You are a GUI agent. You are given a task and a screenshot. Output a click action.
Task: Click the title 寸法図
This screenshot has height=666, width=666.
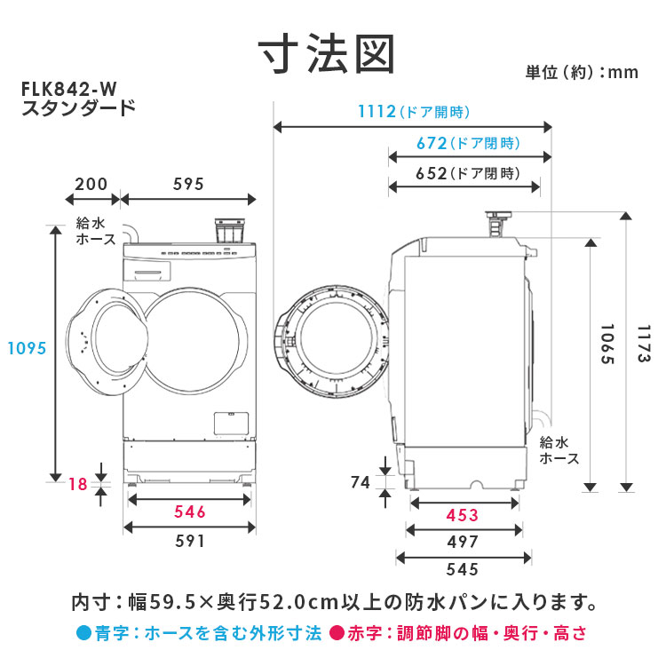tap(327, 54)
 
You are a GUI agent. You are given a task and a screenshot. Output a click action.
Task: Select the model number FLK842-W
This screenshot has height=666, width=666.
tap(68, 89)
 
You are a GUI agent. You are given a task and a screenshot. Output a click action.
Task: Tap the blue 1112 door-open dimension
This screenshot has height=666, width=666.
tap(377, 112)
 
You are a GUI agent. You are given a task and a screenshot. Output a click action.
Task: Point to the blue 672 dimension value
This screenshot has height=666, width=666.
tap(432, 144)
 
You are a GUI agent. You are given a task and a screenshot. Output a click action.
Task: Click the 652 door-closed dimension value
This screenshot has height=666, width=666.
tap(431, 174)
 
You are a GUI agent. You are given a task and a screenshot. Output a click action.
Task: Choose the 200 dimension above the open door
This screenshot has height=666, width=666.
tap(91, 185)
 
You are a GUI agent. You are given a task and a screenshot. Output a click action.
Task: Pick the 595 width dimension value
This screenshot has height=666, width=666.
tap(188, 185)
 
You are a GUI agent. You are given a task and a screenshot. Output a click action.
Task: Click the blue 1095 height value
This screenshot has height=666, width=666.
tap(27, 349)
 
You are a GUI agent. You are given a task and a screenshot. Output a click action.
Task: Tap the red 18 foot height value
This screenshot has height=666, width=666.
tap(78, 484)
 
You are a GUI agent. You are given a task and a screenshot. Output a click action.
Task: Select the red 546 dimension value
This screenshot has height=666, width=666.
tap(190, 511)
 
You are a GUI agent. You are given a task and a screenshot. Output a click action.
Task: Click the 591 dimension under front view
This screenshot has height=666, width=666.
tap(190, 541)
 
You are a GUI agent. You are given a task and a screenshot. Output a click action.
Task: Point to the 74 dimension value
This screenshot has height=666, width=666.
tap(361, 482)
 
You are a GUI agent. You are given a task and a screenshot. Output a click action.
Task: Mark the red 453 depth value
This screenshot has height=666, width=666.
tap(462, 516)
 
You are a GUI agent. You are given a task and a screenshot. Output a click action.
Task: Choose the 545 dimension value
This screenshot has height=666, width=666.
tap(462, 569)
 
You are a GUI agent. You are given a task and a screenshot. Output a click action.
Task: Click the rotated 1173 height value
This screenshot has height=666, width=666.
tap(644, 344)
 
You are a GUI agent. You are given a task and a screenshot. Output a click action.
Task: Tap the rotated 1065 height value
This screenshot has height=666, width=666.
tap(607, 344)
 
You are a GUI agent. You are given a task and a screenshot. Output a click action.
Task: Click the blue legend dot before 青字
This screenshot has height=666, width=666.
tap(84, 633)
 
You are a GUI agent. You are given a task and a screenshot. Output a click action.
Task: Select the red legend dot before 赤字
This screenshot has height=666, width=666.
tap(337, 633)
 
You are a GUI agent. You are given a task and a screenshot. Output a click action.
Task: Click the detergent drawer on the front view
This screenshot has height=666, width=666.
tap(147, 271)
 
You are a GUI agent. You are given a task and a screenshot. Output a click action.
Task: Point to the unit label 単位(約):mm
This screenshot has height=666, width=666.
tap(582, 73)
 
